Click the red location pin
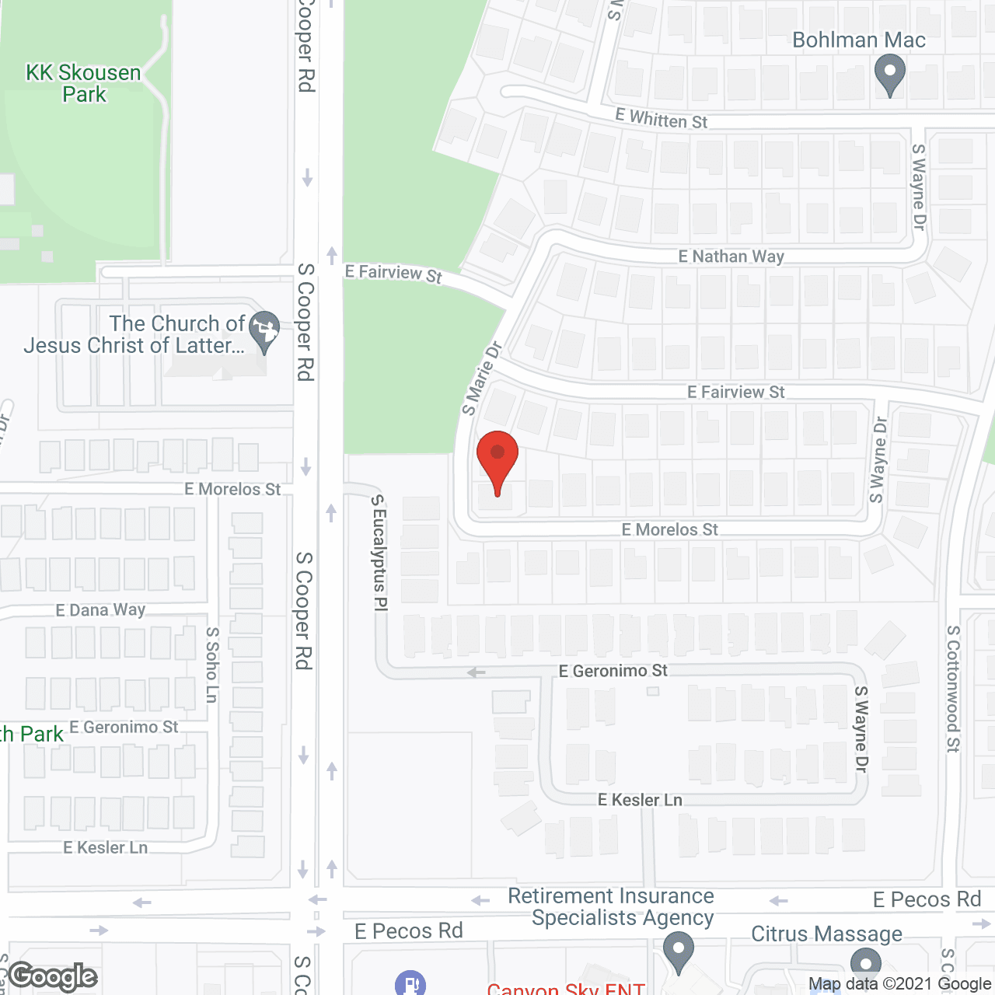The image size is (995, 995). click(x=497, y=459)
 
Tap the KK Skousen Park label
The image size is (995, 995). click(x=84, y=83)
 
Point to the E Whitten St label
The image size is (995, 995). click(x=661, y=120)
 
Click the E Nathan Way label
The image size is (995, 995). click(x=731, y=257)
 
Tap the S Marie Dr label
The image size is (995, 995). click(x=482, y=378)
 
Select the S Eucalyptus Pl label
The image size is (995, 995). click(x=379, y=553)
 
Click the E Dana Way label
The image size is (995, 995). click(x=100, y=610)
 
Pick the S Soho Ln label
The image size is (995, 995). click(x=212, y=665)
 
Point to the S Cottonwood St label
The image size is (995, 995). click(x=953, y=689)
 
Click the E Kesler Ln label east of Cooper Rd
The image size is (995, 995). click(x=640, y=800)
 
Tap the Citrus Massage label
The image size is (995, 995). click(x=826, y=934)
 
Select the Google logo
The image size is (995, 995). click(x=53, y=976)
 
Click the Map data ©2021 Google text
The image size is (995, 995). click(x=899, y=984)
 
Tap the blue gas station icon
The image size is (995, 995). click(x=410, y=983)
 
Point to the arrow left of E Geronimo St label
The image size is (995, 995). click(x=476, y=672)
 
